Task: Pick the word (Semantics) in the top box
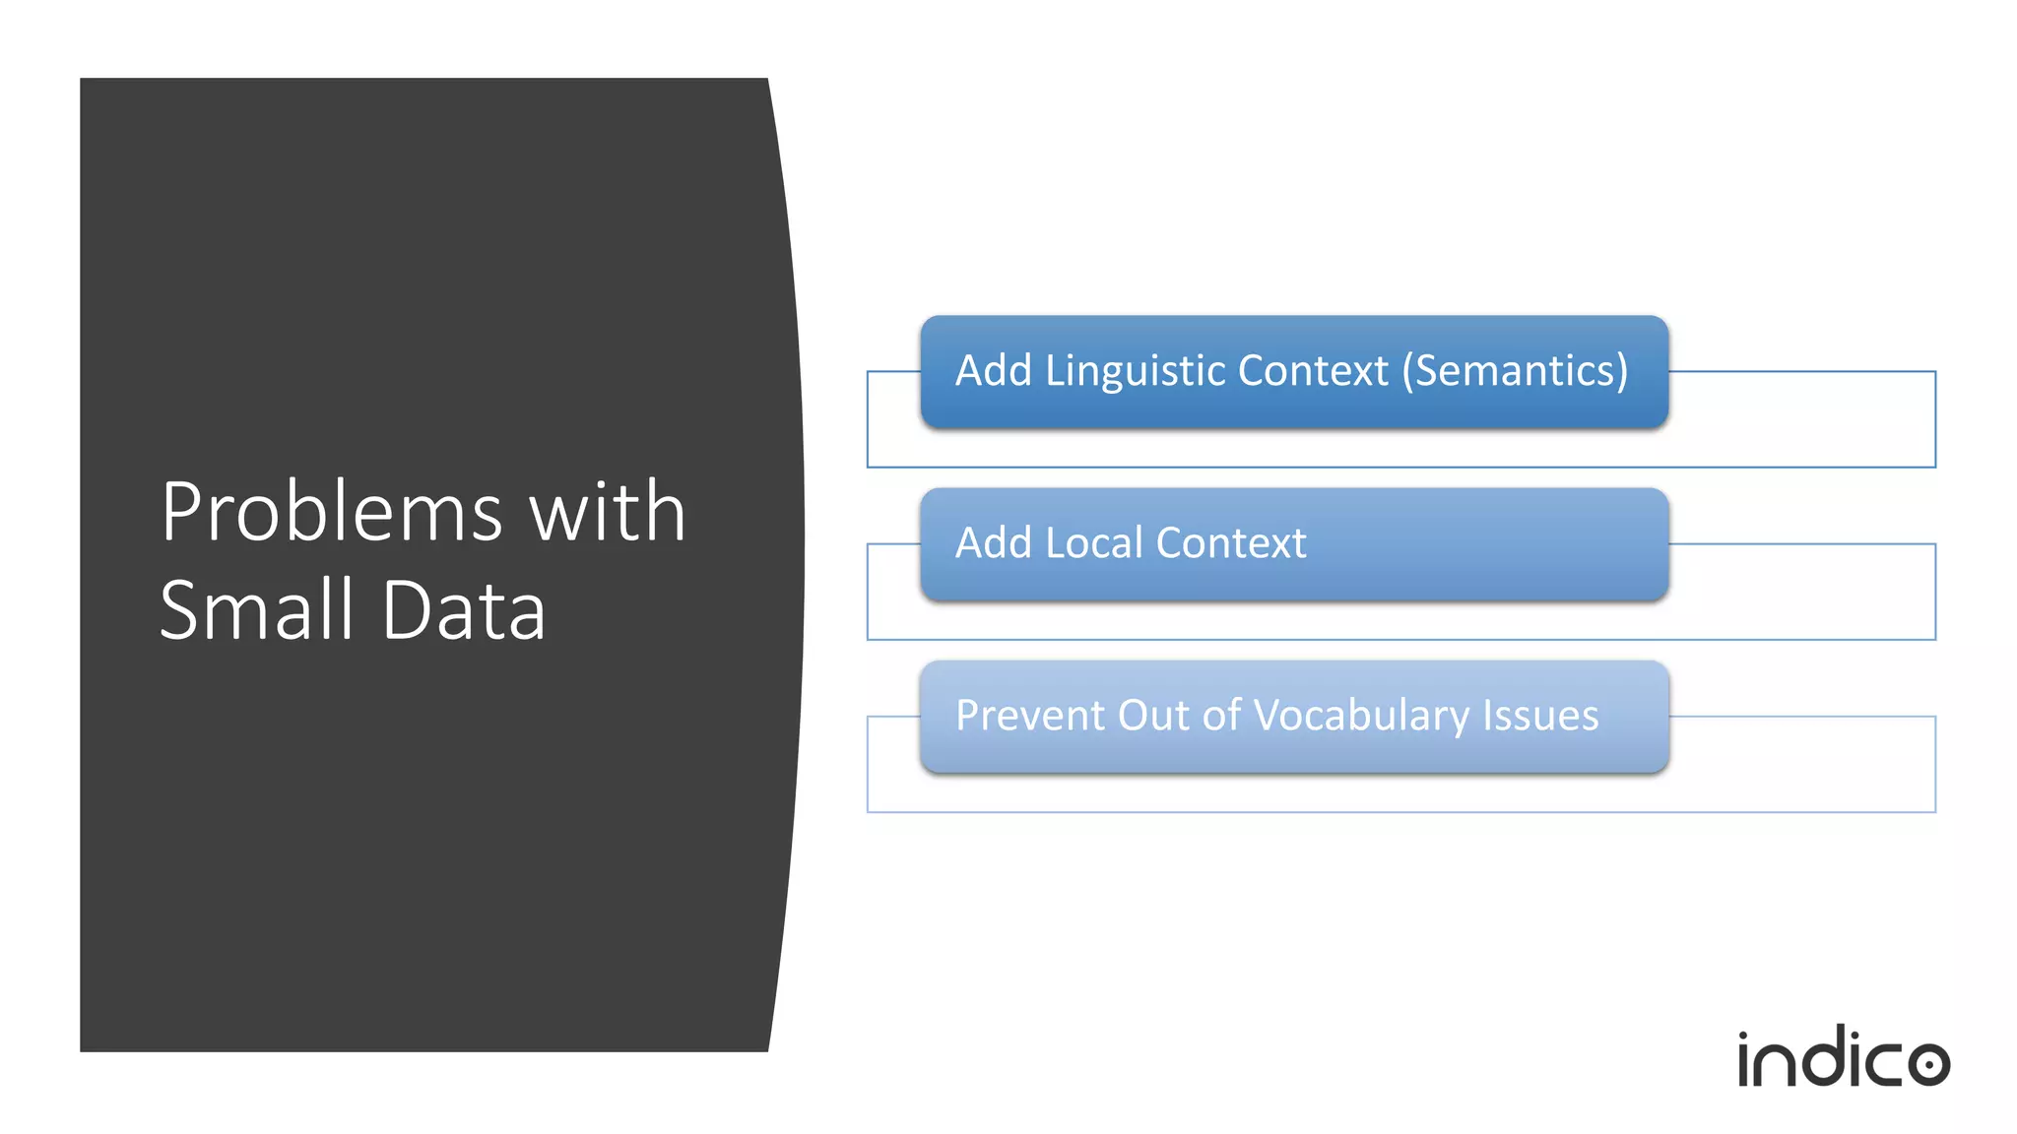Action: click(x=1515, y=371)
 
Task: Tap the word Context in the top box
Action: click(x=1313, y=371)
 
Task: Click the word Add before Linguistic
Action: click(x=993, y=371)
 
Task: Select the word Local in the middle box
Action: click(x=1094, y=543)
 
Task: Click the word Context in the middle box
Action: click(x=1231, y=543)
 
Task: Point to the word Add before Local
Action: click(x=993, y=543)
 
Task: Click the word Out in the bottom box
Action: click(x=1154, y=716)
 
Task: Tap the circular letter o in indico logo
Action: click(x=1927, y=1063)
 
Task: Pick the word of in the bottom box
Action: click(x=1221, y=716)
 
